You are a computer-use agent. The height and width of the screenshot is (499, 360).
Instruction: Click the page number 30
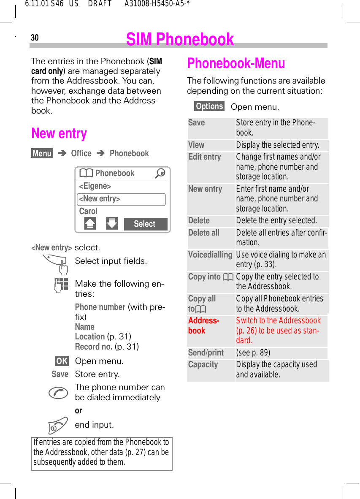point(35,38)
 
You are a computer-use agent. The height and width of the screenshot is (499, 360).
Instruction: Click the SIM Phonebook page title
point(180,39)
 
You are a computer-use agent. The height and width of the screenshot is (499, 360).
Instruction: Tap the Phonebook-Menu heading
point(236,63)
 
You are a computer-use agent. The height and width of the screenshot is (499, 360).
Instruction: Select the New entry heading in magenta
point(59,133)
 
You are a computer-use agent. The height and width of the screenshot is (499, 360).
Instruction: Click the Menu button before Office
point(42,154)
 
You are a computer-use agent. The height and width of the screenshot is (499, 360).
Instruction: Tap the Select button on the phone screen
point(145,224)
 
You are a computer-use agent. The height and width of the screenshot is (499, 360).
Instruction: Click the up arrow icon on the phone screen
point(90,224)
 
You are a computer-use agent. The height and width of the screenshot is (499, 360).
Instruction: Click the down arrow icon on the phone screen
point(112,224)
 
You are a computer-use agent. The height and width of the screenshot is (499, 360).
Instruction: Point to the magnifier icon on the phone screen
point(160,174)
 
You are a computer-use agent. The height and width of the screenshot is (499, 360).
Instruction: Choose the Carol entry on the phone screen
point(88,211)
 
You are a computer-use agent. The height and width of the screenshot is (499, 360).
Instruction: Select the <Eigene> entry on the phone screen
point(95,186)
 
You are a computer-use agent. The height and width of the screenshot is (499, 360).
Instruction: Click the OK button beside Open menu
point(62,361)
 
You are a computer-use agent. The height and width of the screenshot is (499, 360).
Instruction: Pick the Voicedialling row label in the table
point(210,255)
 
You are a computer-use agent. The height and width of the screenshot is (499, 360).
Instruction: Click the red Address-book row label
point(203,325)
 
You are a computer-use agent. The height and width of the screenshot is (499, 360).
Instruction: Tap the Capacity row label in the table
point(203,365)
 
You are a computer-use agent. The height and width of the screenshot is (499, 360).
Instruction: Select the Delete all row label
point(204,233)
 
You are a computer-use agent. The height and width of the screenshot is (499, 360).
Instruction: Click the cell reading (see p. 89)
point(253,353)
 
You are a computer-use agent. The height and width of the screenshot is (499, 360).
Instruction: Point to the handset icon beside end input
point(58,425)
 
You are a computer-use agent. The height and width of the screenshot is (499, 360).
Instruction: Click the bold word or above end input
point(78,411)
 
